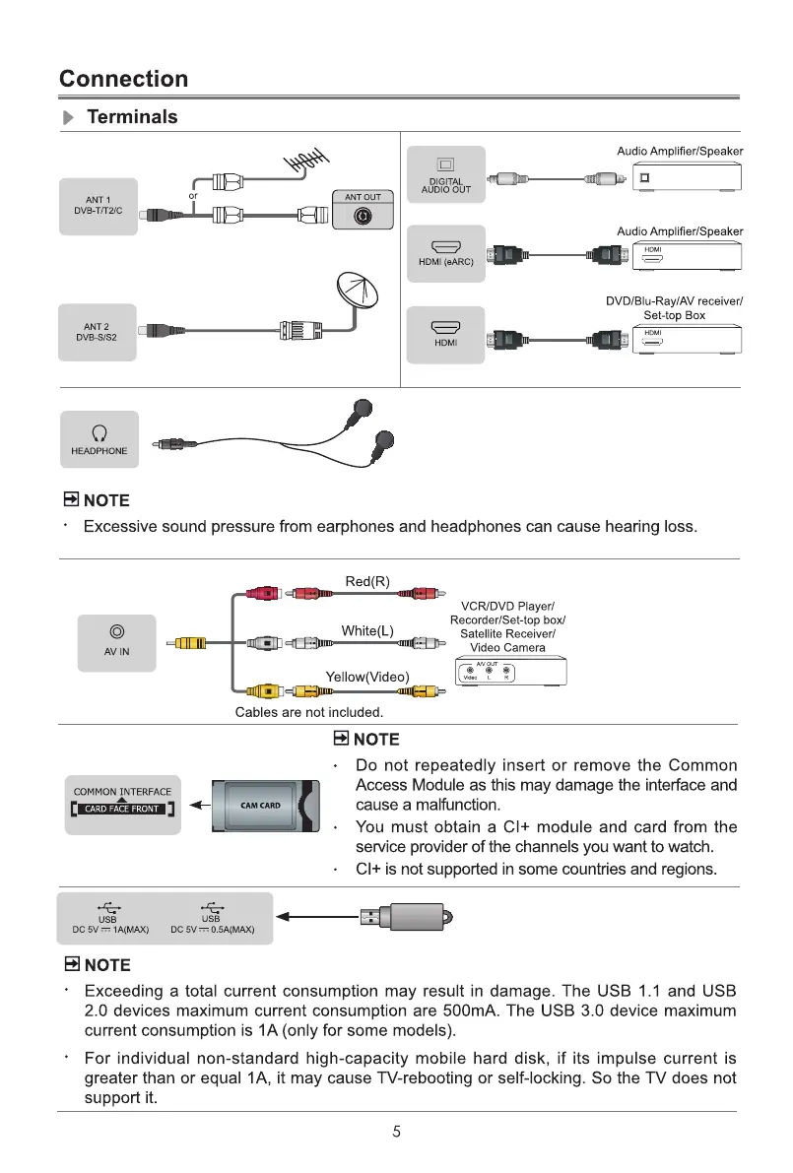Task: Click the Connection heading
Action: [123, 79]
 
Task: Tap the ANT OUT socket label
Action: [363, 197]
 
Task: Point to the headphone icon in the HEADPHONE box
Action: [99, 430]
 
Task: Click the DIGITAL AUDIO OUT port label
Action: [445, 186]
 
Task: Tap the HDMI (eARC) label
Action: [446, 261]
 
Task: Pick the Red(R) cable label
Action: [367, 581]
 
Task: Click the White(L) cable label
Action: [367, 630]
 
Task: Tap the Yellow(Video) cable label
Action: [367, 676]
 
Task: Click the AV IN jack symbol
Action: [117, 631]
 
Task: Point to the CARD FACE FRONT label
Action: [122, 810]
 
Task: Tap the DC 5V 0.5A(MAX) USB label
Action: [213, 929]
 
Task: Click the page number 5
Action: [396, 1132]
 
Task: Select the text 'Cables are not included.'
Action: [308, 711]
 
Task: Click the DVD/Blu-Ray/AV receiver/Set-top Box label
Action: [674, 308]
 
